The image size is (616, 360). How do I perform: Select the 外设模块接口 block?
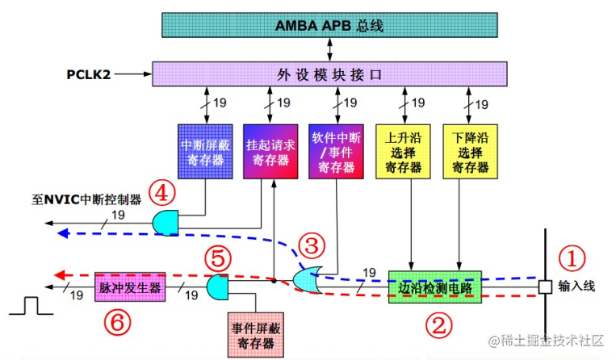coord(329,75)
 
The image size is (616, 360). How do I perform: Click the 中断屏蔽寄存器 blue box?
coord(204,150)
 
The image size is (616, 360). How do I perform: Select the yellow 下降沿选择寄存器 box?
coord(469,150)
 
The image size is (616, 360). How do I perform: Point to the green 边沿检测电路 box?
coord(435,287)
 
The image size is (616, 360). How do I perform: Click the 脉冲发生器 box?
coord(130,287)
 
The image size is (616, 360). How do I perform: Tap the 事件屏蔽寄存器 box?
coord(256,332)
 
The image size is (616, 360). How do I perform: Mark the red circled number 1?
coord(572,259)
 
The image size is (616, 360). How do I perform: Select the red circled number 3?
coord(311,245)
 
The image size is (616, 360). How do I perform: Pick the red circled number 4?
coord(163,194)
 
